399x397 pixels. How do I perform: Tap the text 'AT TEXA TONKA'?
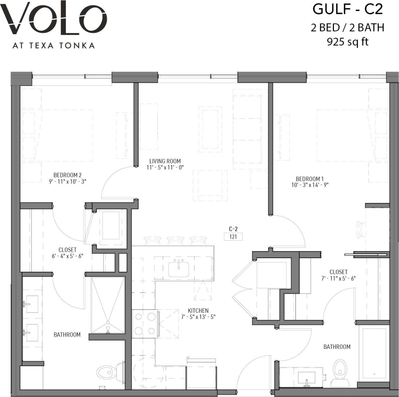(x=53, y=46)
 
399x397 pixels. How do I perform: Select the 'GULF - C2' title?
(x=348, y=9)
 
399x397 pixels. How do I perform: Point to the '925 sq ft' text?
(x=348, y=42)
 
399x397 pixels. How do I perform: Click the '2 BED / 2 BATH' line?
(x=348, y=27)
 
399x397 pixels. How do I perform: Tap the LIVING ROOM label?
(x=165, y=161)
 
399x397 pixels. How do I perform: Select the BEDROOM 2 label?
(x=67, y=175)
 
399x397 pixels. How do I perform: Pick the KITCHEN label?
(x=198, y=311)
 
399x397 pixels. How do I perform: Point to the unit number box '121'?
(x=233, y=237)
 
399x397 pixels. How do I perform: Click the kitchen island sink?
(x=179, y=269)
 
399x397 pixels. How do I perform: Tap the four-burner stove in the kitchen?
(x=145, y=324)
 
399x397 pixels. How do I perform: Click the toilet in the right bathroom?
(x=339, y=369)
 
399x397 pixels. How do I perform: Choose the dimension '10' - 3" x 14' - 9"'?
(x=310, y=185)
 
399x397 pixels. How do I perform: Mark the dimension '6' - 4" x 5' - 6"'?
(x=67, y=256)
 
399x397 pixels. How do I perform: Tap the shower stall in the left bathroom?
(x=108, y=305)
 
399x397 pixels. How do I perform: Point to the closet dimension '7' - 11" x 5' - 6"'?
(x=339, y=278)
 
